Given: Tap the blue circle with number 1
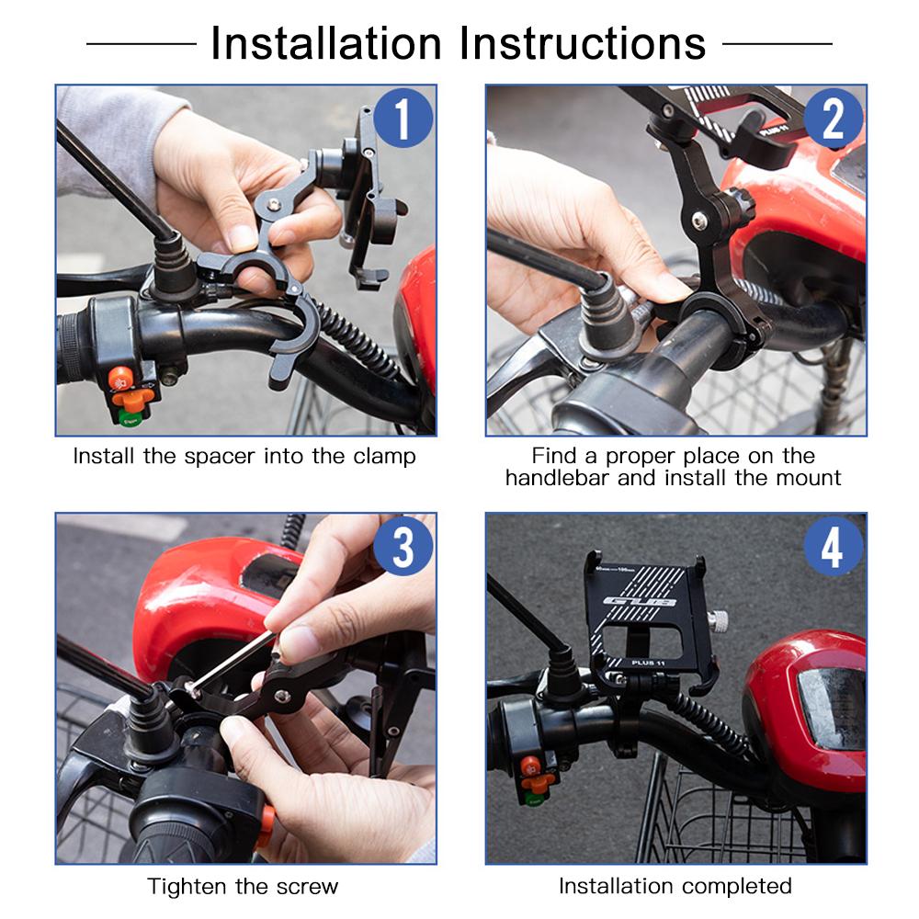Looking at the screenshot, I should coord(402,119).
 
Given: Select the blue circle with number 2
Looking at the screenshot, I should coord(833,119).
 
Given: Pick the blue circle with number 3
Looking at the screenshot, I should coord(402,547).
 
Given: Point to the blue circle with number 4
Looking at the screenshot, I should coord(833,547).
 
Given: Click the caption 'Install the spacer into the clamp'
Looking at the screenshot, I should coord(244,456).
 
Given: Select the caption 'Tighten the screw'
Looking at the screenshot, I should coord(243,887).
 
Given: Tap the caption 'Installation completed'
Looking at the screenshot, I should coord(675,886).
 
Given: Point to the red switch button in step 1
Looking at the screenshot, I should coord(120,378).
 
